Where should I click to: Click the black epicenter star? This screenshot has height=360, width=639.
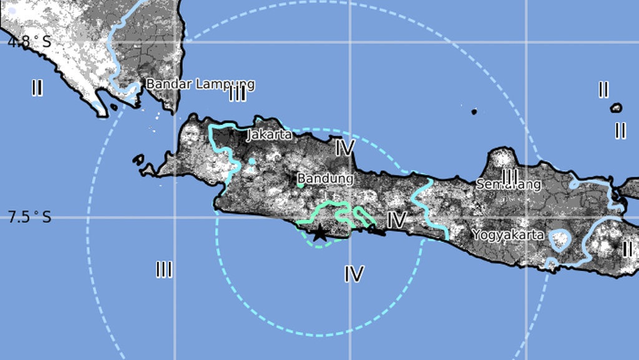pyautogui.click(x=319, y=233)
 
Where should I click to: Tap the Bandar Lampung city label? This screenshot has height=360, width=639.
pyautogui.click(x=200, y=84)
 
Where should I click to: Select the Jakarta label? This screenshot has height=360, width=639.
pyautogui.click(x=270, y=134)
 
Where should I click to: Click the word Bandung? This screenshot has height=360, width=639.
pyautogui.click(x=325, y=179)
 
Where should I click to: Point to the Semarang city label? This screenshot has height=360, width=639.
pyautogui.click(x=508, y=184)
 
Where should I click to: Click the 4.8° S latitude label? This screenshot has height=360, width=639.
pyautogui.click(x=28, y=42)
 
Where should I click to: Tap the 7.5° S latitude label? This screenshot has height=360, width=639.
pyautogui.click(x=29, y=217)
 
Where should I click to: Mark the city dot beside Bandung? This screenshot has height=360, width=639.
pyautogui.click(x=300, y=185)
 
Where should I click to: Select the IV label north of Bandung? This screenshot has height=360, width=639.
pyautogui.click(x=344, y=148)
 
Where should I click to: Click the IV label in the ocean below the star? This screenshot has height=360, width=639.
pyautogui.click(x=354, y=273)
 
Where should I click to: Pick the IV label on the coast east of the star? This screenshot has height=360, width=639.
pyautogui.click(x=396, y=220)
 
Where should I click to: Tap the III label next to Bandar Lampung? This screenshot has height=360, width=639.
pyautogui.click(x=237, y=94)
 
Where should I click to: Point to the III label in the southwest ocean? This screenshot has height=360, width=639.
pyautogui.click(x=163, y=270)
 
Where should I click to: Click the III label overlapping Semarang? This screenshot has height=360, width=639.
pyautogui.click(x=510, y=177)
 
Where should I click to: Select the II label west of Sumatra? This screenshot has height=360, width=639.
pyautogui.click(x=37, y=88)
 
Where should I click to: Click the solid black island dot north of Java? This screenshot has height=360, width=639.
pyautogui.click(x=474, y=112)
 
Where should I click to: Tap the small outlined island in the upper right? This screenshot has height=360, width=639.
pyautogui.click(x=616, y=108)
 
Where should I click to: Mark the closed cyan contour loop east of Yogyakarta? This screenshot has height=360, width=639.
pyautogui.click(x=560, y=239)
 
